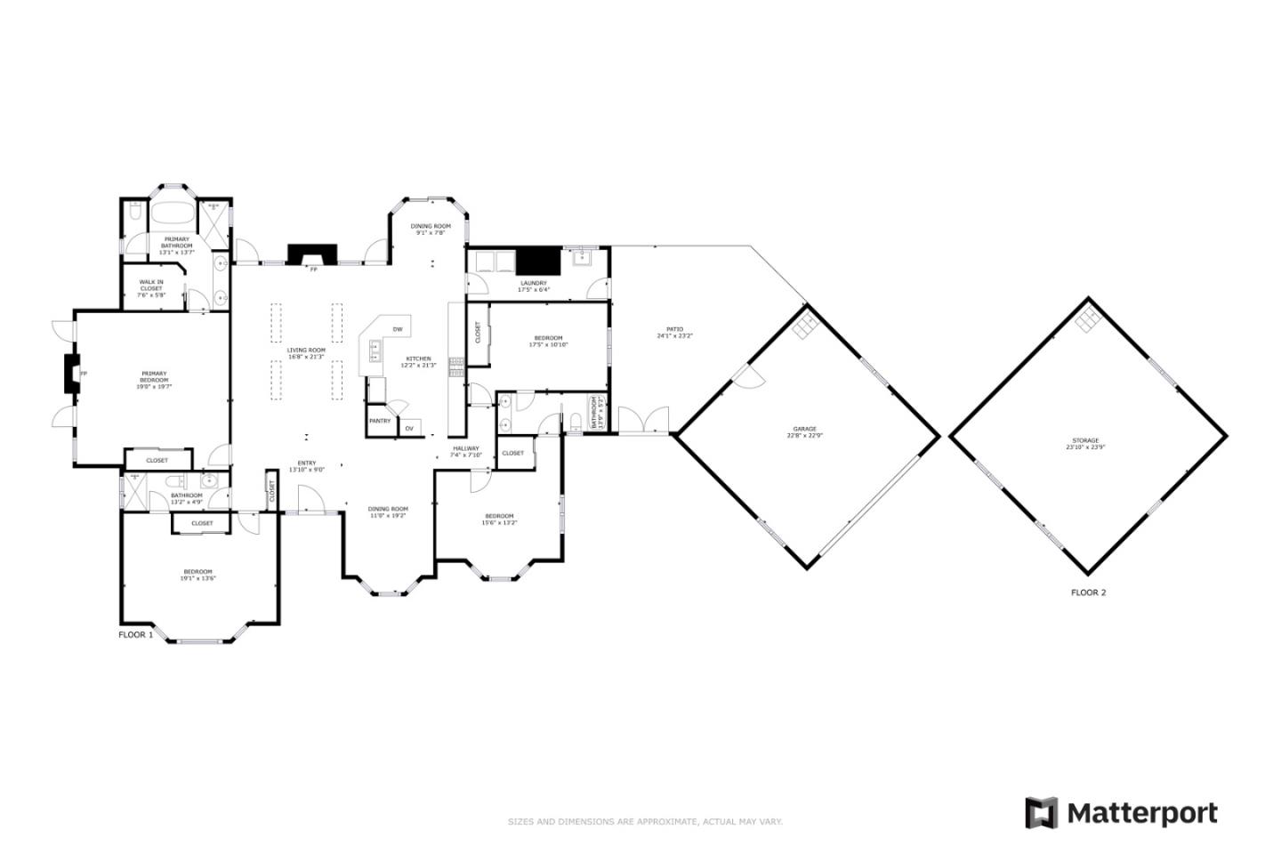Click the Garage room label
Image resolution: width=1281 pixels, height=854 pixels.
coord(804,432)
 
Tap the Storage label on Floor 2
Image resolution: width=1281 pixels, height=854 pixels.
coord(1085,444)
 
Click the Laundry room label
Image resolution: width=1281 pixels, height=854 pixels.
coord(534,286)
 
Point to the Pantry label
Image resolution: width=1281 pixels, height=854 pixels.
coord(380,421)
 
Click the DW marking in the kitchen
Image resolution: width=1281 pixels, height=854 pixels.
coord(398,330)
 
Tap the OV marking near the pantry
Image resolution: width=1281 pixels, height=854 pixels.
coord(409,429)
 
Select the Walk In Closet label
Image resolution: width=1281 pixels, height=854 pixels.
coord(151,286)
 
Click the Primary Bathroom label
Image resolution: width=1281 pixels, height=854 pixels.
coord(176,246)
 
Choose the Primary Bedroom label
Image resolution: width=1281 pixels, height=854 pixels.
coord(153,380)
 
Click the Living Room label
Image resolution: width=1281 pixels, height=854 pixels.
coord(306,353)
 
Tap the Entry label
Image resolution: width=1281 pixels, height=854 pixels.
coord(306,465)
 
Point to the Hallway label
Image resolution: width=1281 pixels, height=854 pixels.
coord(465,451)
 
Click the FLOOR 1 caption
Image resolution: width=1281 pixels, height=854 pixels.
coord(136,635)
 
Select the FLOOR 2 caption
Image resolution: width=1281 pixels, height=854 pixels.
coord(1088,592)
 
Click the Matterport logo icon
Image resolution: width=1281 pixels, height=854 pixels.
coord(1041,813)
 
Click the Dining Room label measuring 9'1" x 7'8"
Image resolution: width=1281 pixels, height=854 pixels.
coord(431,230)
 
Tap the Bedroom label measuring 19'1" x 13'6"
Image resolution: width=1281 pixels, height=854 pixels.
coord(197,575)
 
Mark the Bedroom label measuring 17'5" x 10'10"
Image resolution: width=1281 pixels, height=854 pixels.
coord(548,341)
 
